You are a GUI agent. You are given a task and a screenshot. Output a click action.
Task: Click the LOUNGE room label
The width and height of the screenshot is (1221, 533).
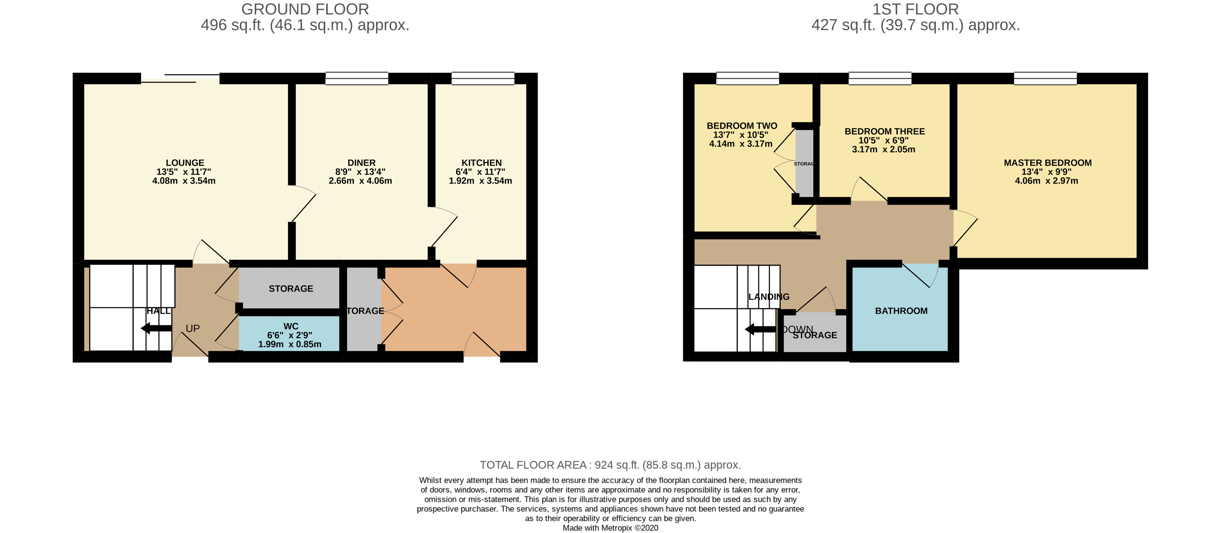185,163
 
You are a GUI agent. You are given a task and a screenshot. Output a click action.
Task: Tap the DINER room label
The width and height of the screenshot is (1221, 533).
361,163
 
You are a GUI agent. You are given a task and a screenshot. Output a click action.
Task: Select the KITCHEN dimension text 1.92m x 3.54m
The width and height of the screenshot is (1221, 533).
480,181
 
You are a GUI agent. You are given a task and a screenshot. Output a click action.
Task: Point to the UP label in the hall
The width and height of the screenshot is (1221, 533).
193,329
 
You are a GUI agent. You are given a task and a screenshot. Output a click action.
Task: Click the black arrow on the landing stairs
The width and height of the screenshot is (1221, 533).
760,329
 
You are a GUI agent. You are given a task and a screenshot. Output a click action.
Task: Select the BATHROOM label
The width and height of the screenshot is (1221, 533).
901,311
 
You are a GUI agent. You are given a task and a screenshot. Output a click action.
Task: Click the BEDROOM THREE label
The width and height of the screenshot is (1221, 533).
884,131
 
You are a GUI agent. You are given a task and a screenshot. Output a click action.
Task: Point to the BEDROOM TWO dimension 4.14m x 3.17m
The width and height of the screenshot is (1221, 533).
741,144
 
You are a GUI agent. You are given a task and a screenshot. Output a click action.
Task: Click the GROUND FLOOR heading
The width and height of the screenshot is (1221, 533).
305,9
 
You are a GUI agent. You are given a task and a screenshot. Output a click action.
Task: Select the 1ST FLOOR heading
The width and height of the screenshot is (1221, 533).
915,9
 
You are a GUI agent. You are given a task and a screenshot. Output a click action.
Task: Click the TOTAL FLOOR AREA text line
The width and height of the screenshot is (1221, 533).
610,465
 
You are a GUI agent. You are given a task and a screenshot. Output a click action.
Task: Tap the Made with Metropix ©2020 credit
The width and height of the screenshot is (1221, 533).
610,528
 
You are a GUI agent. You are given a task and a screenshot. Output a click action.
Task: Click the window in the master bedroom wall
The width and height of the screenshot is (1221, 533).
1045,78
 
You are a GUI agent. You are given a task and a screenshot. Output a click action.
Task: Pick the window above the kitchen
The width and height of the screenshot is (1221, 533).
483,78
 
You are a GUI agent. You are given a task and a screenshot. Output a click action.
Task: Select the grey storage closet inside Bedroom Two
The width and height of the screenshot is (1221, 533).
804,164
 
